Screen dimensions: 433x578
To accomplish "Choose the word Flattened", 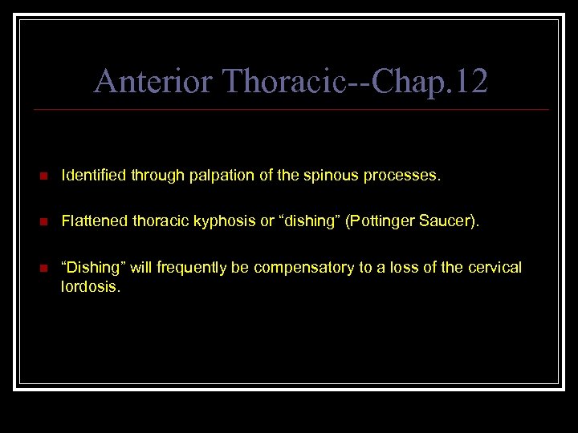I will [91, 221].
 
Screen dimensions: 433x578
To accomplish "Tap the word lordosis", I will [90, 285].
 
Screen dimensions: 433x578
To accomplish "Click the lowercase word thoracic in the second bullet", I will [164, 221].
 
